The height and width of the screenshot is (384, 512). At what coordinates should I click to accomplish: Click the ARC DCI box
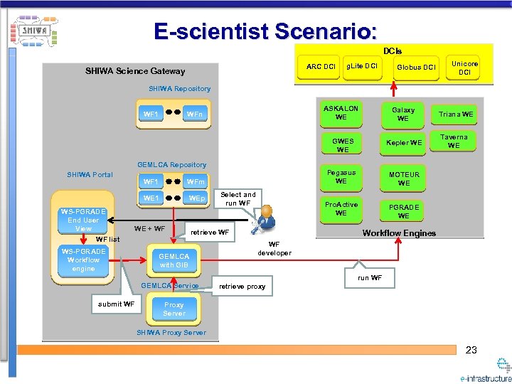click(321, 67)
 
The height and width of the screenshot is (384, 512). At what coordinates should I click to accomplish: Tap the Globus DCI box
click(416, 67)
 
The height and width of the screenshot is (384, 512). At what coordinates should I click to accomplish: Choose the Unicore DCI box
click(464, 68)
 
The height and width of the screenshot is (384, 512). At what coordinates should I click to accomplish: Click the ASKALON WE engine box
click(341, 113)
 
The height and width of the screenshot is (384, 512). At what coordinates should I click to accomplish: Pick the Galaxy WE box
click(403, 114)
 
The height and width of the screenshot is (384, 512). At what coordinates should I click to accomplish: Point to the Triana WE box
click(456, 114)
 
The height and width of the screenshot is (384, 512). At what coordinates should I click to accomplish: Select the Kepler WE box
click(404, 142)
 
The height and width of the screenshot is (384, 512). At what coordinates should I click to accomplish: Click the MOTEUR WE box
click(403, 178)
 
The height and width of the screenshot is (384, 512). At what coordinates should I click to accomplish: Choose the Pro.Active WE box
click(341, 209)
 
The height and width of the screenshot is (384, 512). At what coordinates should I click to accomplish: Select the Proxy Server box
click(174, 309)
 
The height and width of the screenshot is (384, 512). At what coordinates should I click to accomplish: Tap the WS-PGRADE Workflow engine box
click(83, 260)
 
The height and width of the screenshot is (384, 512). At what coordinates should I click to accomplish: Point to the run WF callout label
click(370, 277)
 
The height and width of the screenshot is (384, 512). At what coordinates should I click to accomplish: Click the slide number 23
click(471, 350)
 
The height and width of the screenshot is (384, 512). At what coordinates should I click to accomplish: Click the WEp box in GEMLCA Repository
click(196, 198)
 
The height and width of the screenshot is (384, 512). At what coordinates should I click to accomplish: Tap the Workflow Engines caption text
click(399, 233)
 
